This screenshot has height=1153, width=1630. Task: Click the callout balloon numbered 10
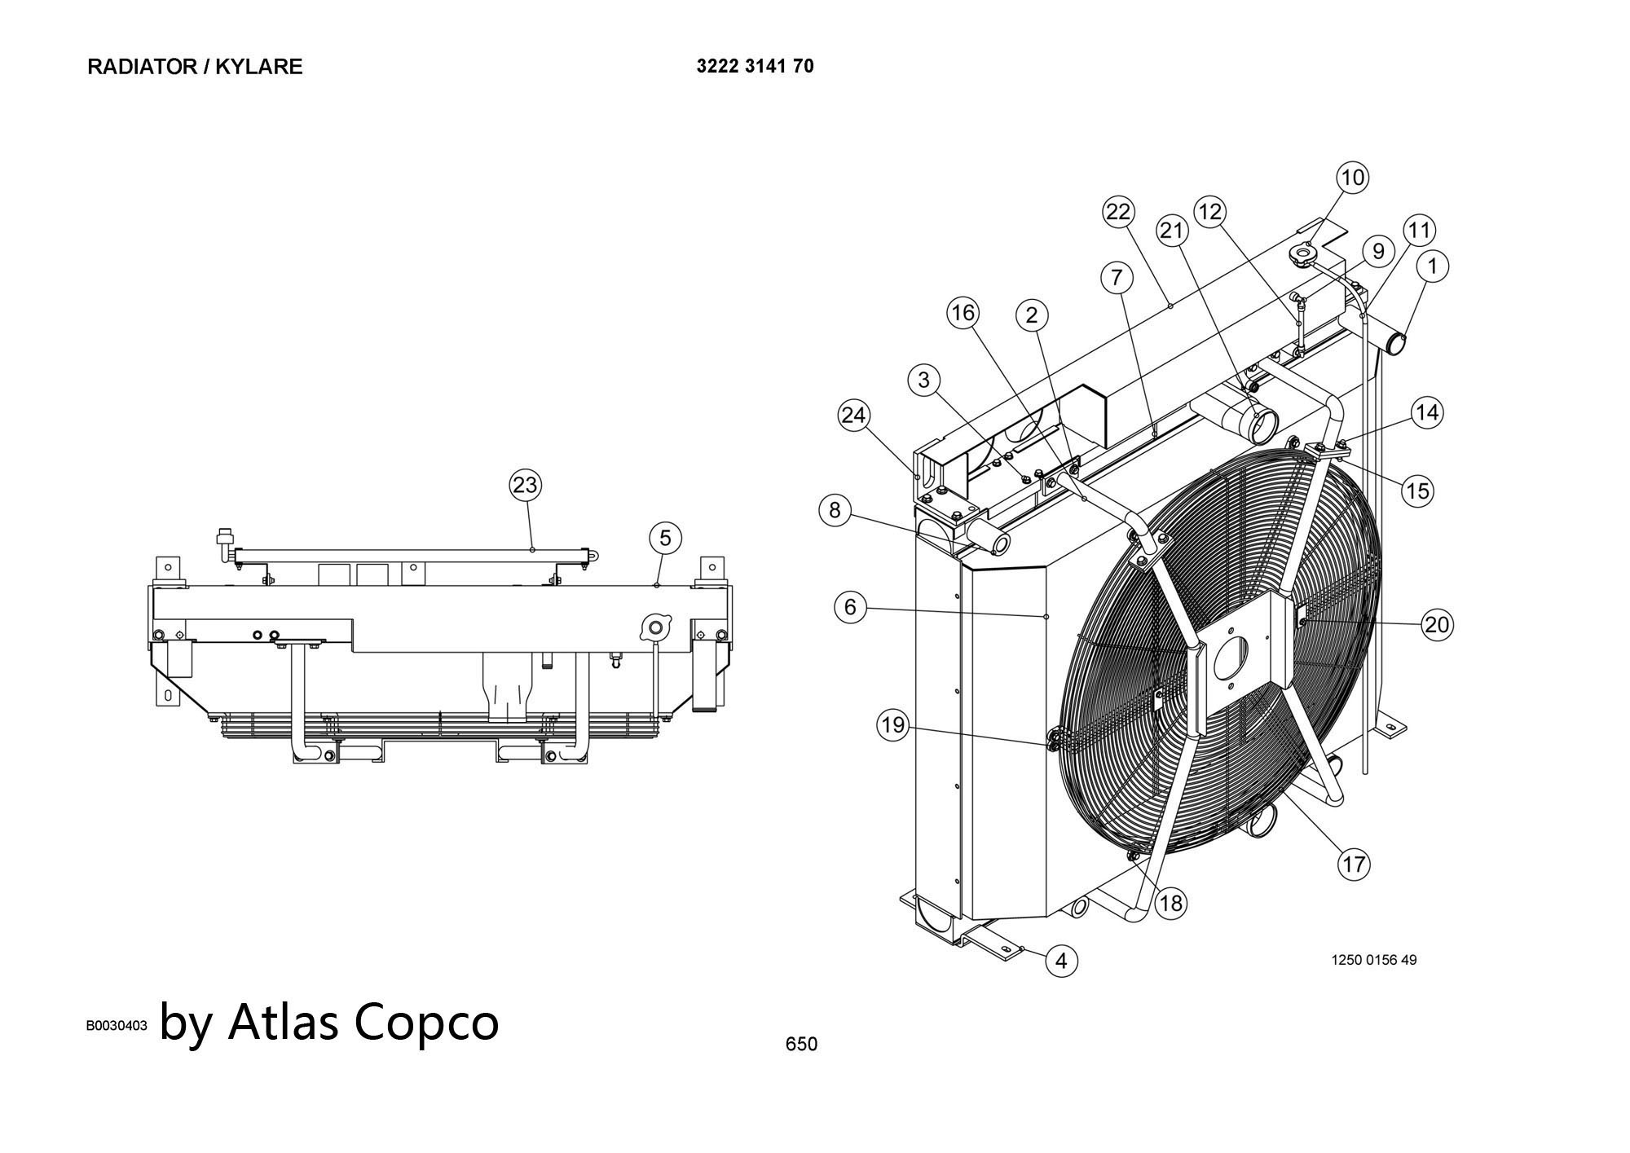[1352, 178]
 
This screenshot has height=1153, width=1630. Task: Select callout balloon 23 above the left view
[525, 486]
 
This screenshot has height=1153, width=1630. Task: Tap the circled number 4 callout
[1061, 962]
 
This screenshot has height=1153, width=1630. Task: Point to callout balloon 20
[1437, 625]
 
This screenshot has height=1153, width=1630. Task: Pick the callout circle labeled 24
[853, 416]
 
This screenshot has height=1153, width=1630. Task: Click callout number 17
[1354, 864]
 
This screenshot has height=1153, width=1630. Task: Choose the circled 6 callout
[850, 607]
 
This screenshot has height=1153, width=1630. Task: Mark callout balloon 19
[892, 725]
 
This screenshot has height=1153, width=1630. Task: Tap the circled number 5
[665, 538]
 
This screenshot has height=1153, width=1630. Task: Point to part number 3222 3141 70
[755, 67]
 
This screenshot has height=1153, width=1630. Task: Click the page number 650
[801, 1044]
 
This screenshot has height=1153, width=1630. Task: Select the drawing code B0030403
[117, 1026]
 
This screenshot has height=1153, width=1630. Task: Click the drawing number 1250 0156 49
[1374, 960]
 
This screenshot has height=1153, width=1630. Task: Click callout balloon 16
[963, 313]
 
